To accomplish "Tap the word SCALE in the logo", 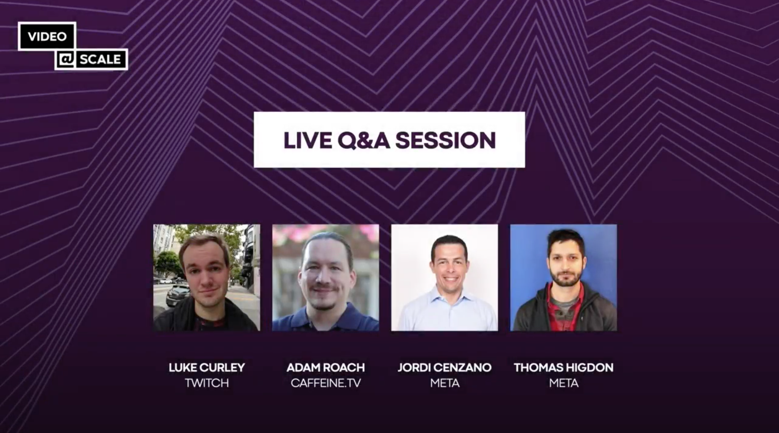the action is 100,59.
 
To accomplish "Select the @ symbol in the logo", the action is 66,59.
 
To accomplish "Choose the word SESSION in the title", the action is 445,140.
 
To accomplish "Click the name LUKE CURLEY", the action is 207,367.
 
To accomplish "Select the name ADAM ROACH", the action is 326,367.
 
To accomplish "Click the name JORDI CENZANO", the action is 444,367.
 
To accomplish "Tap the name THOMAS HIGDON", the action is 564,367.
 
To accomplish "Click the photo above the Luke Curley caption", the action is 207,277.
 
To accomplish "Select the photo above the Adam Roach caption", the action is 325,277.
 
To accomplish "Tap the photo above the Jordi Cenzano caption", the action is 444,277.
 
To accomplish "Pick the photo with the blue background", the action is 564,277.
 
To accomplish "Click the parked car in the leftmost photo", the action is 177,295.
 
